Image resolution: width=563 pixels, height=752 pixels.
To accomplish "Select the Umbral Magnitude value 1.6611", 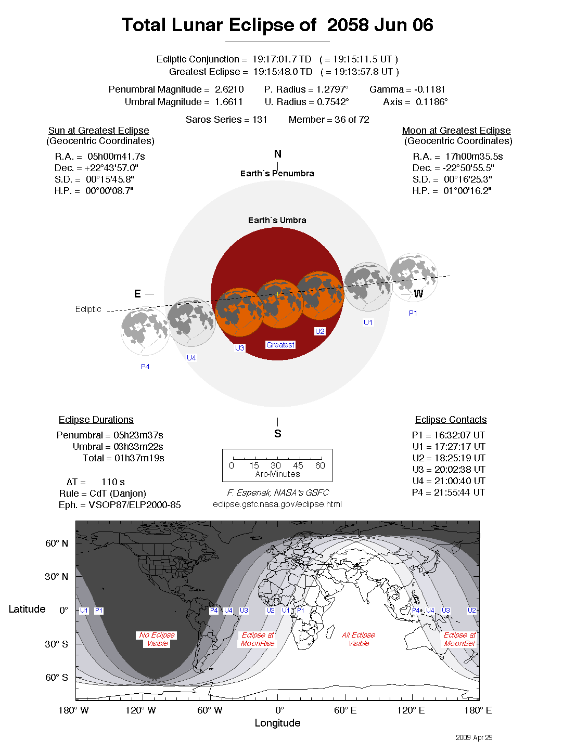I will pos(228,102).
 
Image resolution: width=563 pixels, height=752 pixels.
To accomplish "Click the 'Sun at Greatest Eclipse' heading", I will pos(99,131).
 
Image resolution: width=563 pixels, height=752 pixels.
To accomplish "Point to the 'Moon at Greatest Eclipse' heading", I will pos(456,131).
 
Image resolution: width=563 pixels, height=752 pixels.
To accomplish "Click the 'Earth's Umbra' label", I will pos(277,220).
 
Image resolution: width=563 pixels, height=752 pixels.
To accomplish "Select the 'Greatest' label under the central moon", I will pos(280,345).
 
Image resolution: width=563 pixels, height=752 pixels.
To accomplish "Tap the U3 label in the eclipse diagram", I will pos(240,348).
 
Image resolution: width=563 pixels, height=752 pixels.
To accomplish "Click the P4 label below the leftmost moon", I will pos(145,367).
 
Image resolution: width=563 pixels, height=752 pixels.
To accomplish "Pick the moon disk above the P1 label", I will pos(413,277).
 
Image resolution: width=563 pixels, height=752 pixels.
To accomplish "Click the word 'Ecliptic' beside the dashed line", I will pos(88,309).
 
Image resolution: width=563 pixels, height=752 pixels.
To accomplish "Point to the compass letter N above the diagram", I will pos(278,154).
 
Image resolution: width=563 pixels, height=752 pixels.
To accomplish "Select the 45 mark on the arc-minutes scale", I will pos(298,465).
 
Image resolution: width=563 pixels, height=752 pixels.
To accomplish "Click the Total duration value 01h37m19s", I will pos(139,458).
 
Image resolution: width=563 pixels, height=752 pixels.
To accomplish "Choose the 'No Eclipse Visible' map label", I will pos(157,639).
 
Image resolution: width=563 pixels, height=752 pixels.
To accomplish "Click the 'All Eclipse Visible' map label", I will pos(359,639).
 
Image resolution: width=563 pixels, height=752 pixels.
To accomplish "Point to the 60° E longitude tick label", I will pos(346,710).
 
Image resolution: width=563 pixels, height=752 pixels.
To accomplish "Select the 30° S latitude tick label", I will pos(56,644).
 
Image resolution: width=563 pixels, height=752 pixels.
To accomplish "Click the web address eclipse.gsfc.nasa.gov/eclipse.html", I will pos(277,504).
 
